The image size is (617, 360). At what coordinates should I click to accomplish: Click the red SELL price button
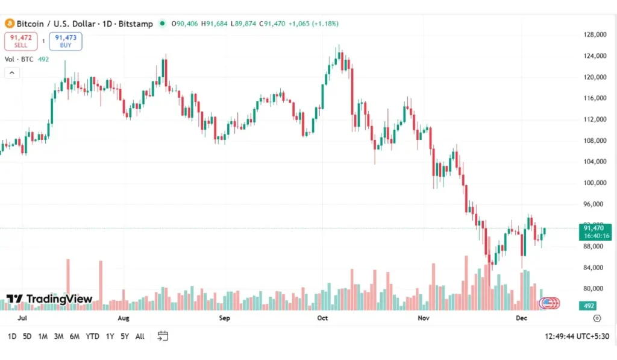tap(20, 41)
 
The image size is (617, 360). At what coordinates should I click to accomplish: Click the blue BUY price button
tap(66, 41)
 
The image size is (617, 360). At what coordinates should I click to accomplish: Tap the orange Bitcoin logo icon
tap(9, 24)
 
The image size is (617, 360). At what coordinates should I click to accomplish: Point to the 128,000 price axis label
tap(595, 35)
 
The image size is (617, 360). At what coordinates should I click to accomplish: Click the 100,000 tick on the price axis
tap(595, 183)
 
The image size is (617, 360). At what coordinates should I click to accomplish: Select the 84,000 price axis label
tap(595, 268)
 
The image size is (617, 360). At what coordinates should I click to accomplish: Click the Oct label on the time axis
tap(322, 318)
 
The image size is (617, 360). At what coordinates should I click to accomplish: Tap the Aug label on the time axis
tap(124, 318)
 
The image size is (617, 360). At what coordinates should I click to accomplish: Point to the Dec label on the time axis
tap(521, 318)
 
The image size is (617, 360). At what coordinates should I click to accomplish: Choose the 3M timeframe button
tap(58, 336)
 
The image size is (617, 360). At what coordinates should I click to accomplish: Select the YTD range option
tap(92, 336)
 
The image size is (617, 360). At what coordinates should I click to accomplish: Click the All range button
tap(140, 336)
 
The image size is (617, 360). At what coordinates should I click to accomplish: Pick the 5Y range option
tap(124, 336)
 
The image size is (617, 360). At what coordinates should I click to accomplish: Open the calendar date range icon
tap(163, 336)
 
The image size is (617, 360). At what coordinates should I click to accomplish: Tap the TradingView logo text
tap(49, 299)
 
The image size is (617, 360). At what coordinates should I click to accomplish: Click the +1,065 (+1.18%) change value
tap(313, 24)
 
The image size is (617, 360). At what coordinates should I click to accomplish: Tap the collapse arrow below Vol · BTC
tap(12, 73)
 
